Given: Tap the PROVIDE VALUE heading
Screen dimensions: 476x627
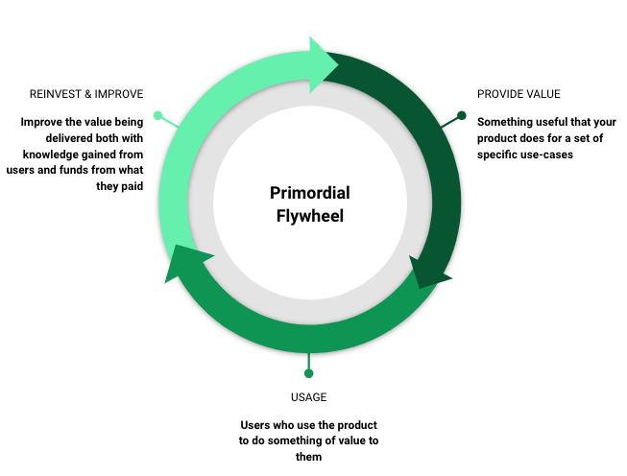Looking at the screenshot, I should tap(518, 94).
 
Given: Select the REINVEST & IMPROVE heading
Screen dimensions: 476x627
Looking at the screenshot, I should tap(87, 94).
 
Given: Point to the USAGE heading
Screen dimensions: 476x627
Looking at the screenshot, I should tap(307, 396).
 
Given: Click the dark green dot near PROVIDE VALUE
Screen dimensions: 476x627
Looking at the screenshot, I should tap(461, 116).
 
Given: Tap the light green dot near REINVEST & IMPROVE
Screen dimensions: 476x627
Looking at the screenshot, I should tap(158, 116).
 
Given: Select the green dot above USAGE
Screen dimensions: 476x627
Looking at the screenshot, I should tap(308, 372).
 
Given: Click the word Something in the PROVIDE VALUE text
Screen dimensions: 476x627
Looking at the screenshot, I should tap(506, 122).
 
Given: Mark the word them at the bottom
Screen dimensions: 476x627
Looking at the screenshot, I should tap(307, 457).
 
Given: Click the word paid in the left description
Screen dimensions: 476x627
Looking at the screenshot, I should tap(133, 186).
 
